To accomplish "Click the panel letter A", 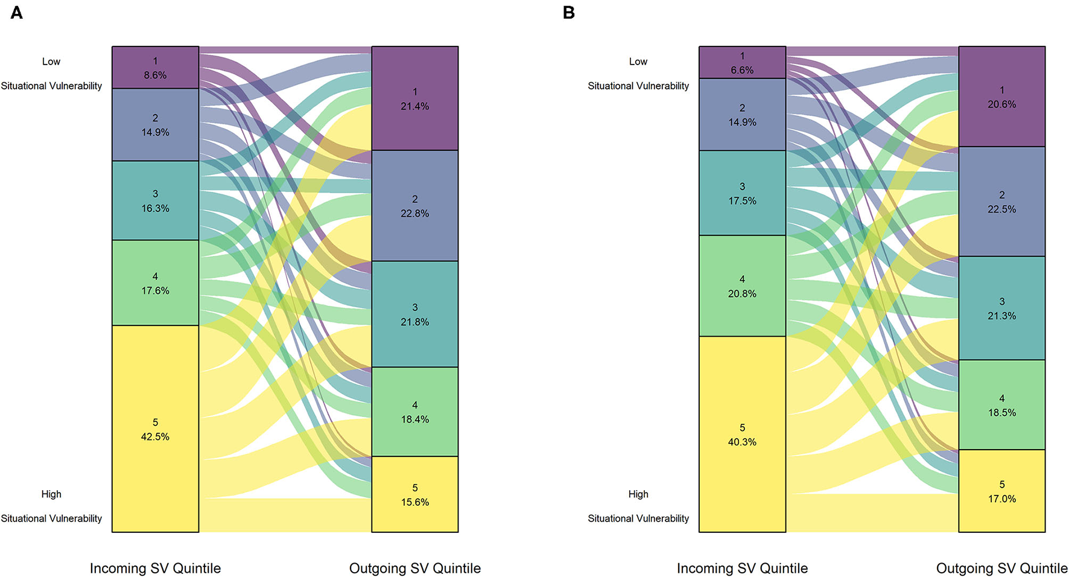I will pyautogui.click(x=17, y=13).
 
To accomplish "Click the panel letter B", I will pyautogui.click(x=568, y=13).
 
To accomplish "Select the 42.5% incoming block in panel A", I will pyautogui.click(x=155, y=429).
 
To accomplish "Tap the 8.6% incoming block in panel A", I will pyautogui.click(x=155, y=68).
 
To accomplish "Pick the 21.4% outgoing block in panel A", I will pyautogui.click(x=414, y=98).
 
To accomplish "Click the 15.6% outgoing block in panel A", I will pyautogui.click(x=414, y=494).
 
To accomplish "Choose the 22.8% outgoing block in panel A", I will pyautogui.click(x=414, y=206).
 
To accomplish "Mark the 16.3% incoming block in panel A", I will pyautogui.click(x=155, y=200).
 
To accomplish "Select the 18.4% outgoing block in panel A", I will pyautogui.click(x=414, y=412).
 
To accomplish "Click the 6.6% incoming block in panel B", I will pyautogui.click(x=742, y=63).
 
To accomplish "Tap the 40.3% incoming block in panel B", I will pyautogui.click(x=742, y=435).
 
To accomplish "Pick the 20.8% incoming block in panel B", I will pyautogui.click(x=742, y=286).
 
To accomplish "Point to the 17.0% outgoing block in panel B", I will pyautogui.click(x=1001, y=491).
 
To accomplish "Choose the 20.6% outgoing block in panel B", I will pyautogui.click(x=1001, y=97).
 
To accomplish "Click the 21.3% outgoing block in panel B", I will pyautogui.click(x=1001, y=308).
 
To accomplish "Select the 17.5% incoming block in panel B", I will pyautogui.click(x=742, y=193).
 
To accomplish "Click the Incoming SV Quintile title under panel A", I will pyautogui.click(x=155, y=568).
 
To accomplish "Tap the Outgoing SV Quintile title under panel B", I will pyautogui.click(x=1001, y=568).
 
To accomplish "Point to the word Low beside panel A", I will pyautogui.click(x=51, y=62).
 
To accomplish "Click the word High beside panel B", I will pyautogui.click(x=638, y=494).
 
